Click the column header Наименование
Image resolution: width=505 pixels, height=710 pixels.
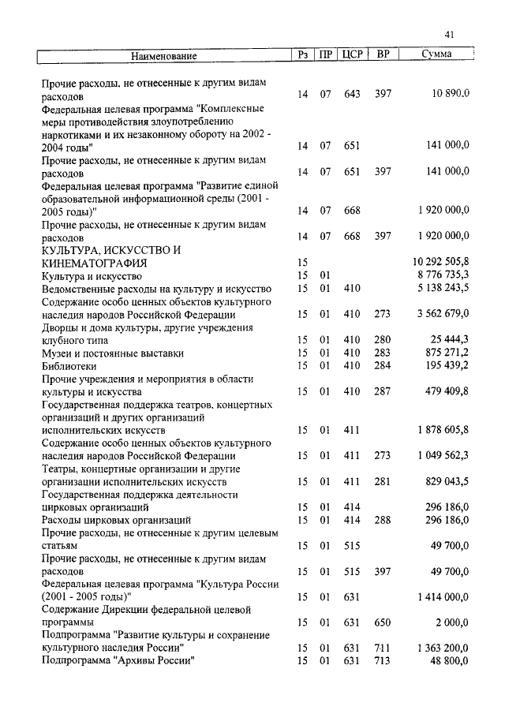(163, 55)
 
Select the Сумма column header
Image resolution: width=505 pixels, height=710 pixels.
(436, 54)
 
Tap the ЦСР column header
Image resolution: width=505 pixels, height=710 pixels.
(352, 54)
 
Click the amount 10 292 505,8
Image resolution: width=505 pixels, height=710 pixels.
(440, 262)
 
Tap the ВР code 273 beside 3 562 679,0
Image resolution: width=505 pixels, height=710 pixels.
(383, 314)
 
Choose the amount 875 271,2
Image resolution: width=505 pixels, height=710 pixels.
(444, 353)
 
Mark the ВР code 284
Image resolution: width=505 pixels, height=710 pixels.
(383, 367)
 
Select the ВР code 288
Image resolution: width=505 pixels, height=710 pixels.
(383, 521)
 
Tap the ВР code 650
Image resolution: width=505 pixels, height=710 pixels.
(383, 622)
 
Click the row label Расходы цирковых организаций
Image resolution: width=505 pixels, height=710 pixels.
(116, 521)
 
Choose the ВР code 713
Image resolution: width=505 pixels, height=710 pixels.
(383, 660)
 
